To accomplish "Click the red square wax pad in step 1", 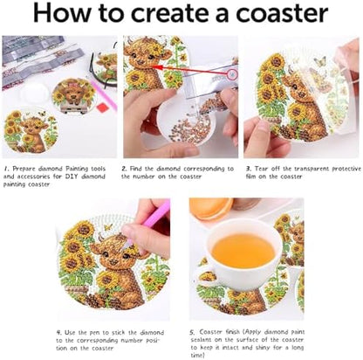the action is pyautogui.click(x=103, y=107).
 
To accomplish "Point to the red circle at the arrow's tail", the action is pyautogui.click(x=232, y=75).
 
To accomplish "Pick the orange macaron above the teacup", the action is pyautogui.click(x=210, y=207).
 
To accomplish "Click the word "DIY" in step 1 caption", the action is pyautogui.click(x=72, y=177).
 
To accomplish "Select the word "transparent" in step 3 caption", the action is pyautogui.click(x=312, y=169).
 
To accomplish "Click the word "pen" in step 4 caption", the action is pyautogui.click(x=94, y=333).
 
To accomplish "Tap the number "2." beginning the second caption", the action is pyautogui.click(x=124, y=169).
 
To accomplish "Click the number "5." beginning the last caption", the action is pyautogui.click(x=192, y=332).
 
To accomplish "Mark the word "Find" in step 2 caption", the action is pyautogui.click(x=136, y=169).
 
